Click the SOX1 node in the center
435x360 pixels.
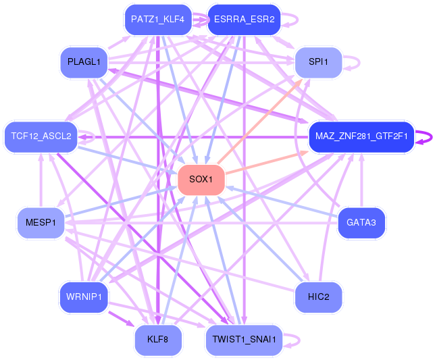coord(201,179)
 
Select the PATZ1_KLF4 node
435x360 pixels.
coord(157,20)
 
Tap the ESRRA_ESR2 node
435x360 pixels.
coord(243,20)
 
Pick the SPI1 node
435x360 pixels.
coord(318,62)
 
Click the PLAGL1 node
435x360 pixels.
coord(84,62)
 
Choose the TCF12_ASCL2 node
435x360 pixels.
coord(41,136)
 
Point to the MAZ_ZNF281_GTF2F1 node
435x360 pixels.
coord(361,136)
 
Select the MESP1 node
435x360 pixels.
coord(41,222)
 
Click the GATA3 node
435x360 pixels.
coord(361,222)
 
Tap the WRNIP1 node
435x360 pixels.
coord(84,297)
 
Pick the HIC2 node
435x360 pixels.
coord(318,297)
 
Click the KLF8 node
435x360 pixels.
coord(157,339)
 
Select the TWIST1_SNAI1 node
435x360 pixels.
coord(243,339)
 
